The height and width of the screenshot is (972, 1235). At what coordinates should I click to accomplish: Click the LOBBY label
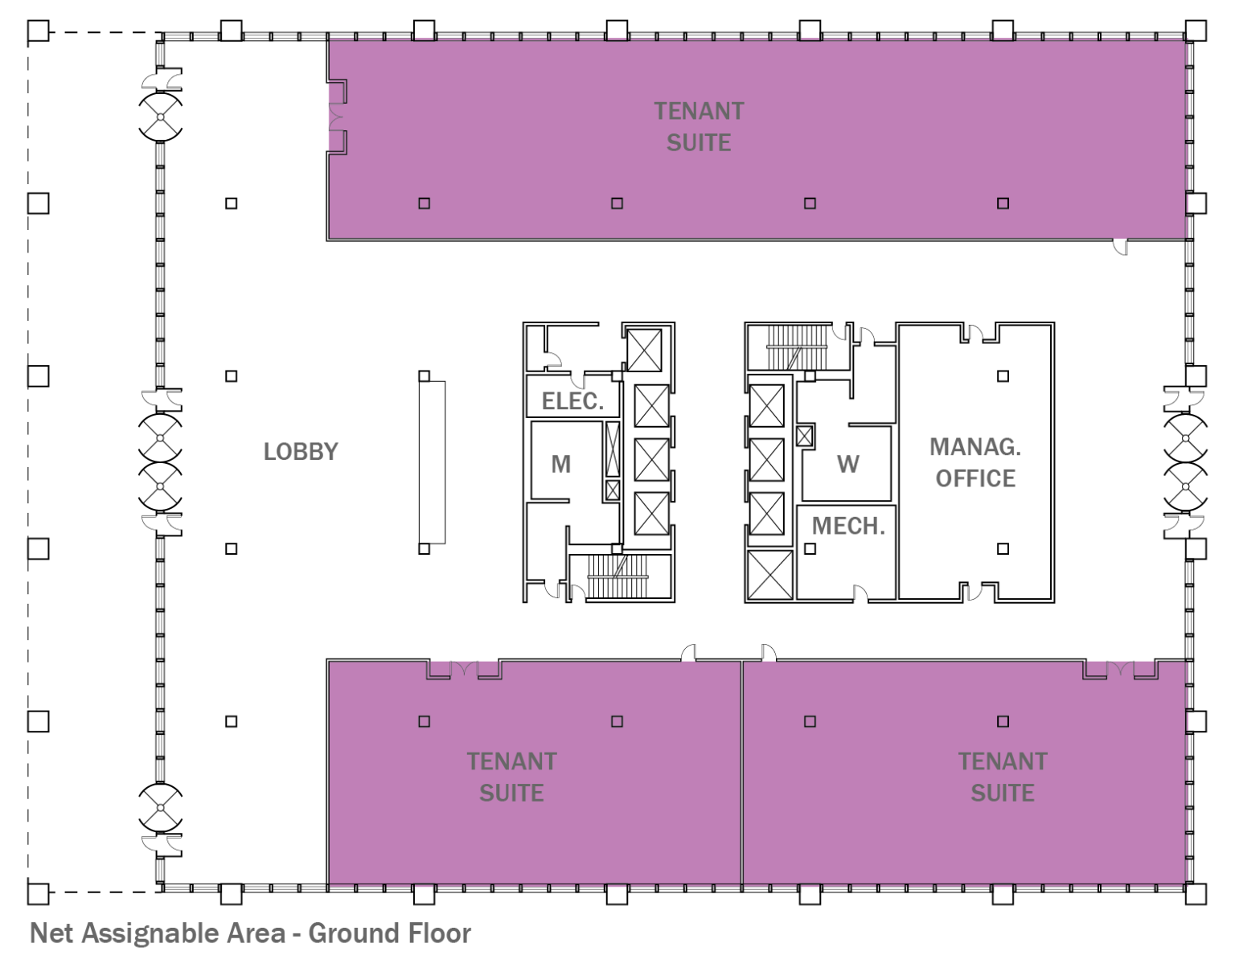point(301,452)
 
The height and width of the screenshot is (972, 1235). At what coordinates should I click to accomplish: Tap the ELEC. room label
point(572,401)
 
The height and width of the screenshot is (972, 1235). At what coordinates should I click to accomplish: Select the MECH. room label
point(847,527)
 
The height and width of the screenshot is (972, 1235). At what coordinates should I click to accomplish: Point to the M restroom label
point(560,464)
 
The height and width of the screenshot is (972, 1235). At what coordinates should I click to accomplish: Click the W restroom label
point(847,464)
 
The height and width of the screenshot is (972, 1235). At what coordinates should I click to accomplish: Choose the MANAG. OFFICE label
point(975,462)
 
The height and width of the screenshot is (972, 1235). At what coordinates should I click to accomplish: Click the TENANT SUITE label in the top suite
point(699,126)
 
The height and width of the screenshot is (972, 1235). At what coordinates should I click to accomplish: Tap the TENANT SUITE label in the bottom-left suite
point(511,777)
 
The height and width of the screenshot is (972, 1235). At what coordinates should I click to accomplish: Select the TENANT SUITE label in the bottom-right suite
point(1002,777)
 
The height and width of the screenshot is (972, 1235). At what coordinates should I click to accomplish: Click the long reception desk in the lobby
point(432,462)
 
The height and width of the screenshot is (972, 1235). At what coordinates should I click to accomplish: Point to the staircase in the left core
point(618,576)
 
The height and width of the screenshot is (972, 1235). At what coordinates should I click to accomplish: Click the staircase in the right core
point(796,347)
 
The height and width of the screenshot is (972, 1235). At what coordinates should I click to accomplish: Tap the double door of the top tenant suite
point(334,117)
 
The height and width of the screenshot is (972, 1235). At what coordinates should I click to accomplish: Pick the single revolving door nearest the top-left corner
point(160,117)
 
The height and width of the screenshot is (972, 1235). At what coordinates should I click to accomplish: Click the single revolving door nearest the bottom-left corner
point(160,807)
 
